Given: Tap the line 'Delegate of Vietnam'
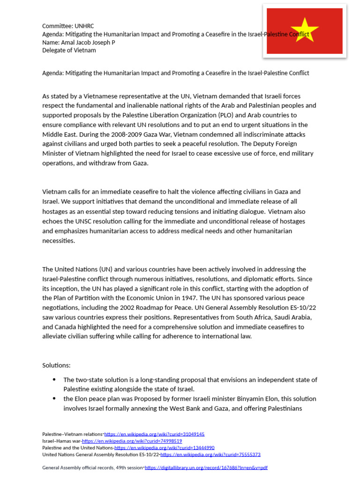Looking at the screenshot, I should (69, 50).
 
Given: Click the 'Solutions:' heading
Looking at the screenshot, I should (56, 365).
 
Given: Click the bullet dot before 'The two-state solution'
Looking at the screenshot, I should (54, 380).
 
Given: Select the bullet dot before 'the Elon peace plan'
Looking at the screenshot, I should (54, 399).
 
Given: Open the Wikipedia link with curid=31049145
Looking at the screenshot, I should (154, 435).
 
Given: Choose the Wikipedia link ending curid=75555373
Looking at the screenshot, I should (210, 454).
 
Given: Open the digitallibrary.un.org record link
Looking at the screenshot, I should (206, 468).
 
